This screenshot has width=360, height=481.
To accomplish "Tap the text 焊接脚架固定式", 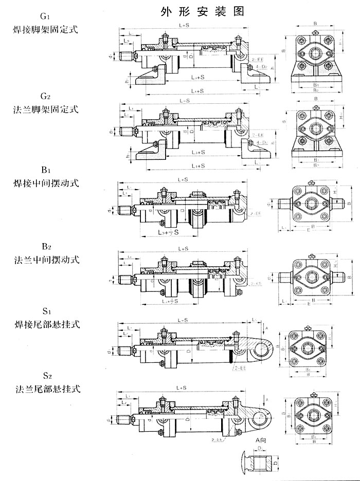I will click(45, 29).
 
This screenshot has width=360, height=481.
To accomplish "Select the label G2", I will click(45, 96).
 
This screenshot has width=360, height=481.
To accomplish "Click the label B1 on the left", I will click(45, 168).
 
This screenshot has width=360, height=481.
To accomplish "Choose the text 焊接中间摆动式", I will click(45, 182).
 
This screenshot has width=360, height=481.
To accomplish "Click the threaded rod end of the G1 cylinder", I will click(126, 55).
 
